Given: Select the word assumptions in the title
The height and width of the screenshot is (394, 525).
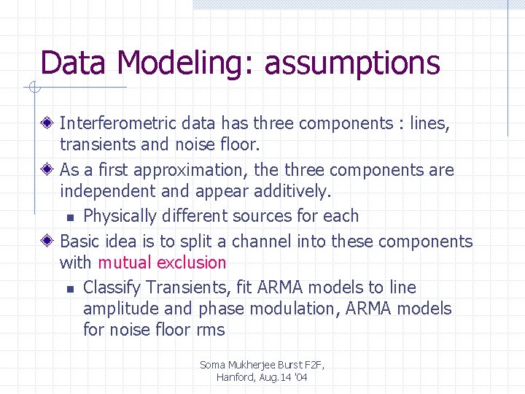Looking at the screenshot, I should (x=352, y=63).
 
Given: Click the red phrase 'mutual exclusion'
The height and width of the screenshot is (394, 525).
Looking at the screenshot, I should (x=162, y=263).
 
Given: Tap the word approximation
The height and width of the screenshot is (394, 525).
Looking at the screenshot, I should (x=192, y=170).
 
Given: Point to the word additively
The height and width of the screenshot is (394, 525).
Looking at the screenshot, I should (x=292, y=191).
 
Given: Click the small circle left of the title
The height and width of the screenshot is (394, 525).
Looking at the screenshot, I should (x=34, y=88).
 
